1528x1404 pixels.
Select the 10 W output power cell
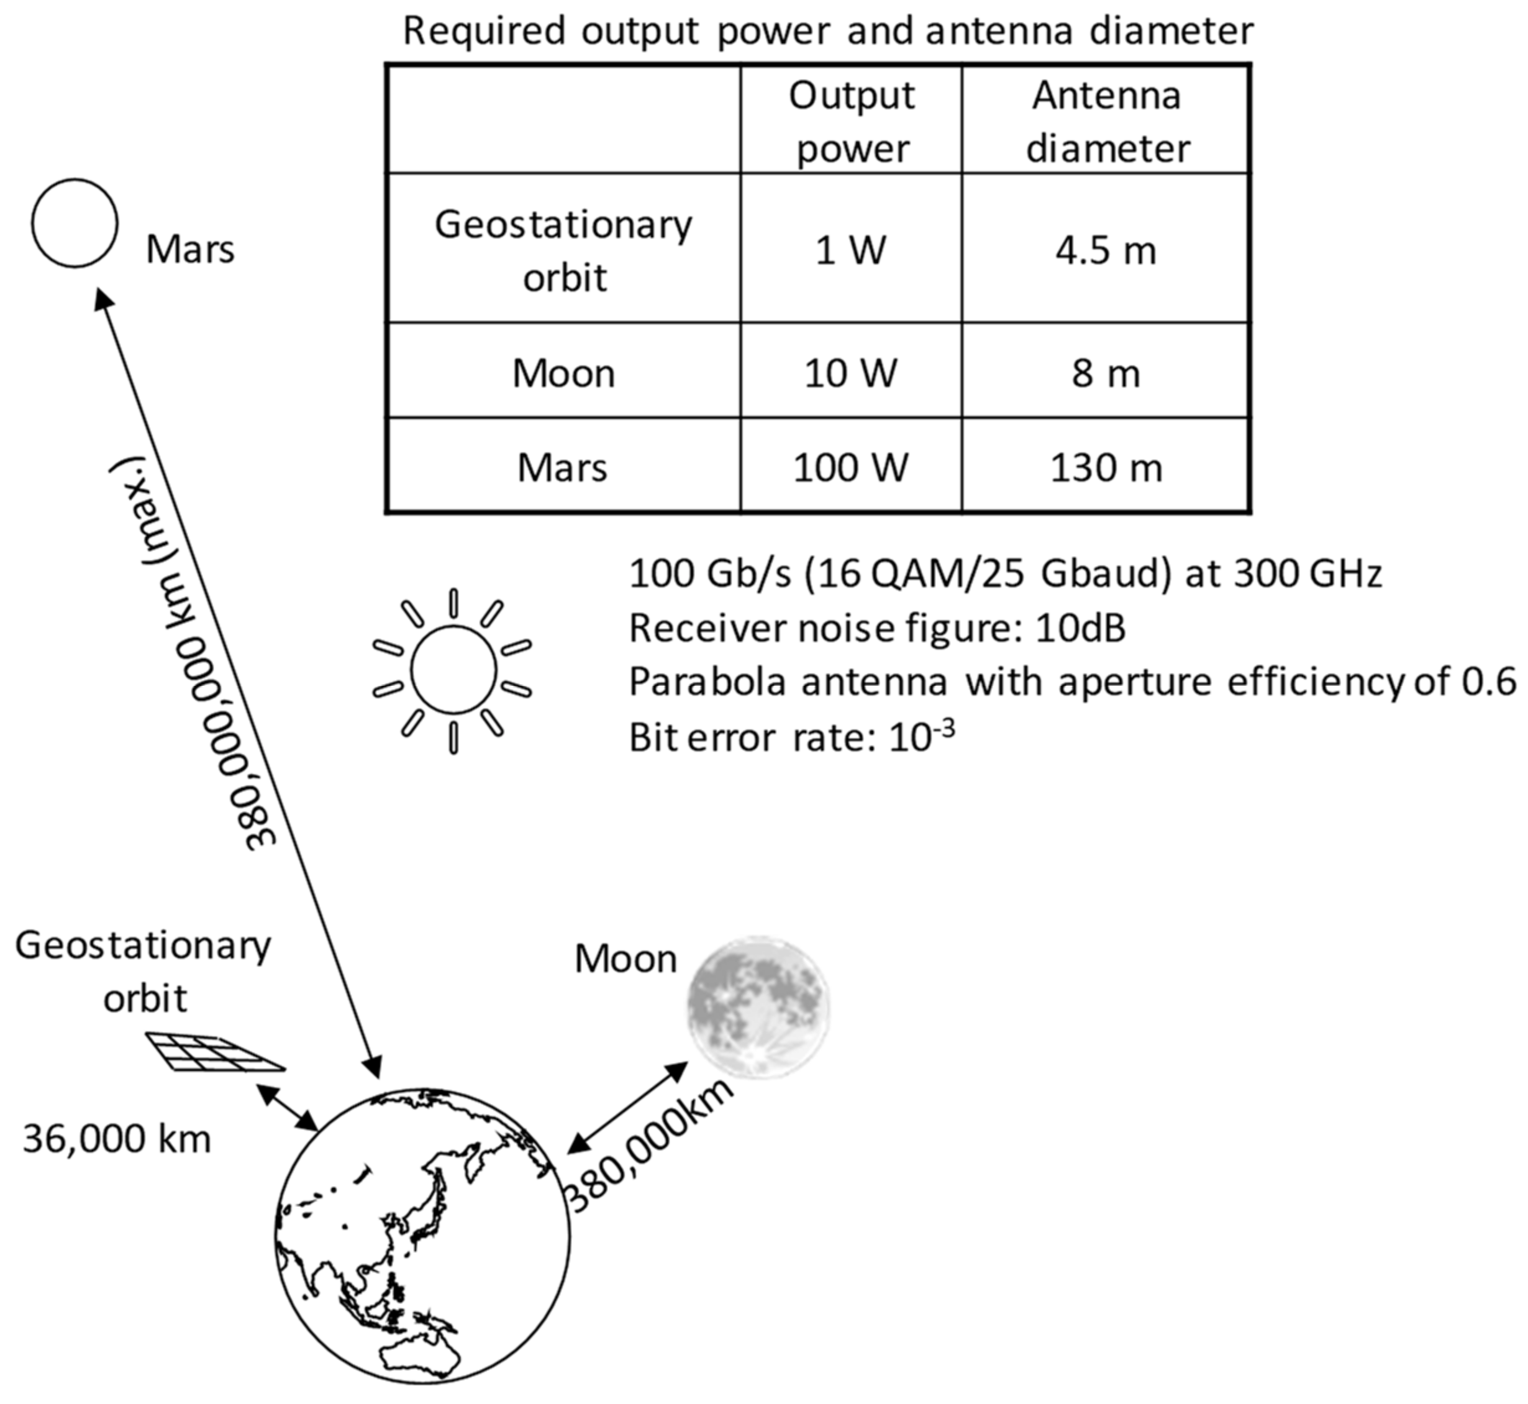tap(850, 373)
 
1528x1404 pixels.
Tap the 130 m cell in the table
tap(1105, 467)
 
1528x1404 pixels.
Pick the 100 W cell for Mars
tap(850, 467)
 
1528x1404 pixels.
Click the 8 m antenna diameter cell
tap(1105, 373)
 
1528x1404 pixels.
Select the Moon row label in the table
tap(563, 373)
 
